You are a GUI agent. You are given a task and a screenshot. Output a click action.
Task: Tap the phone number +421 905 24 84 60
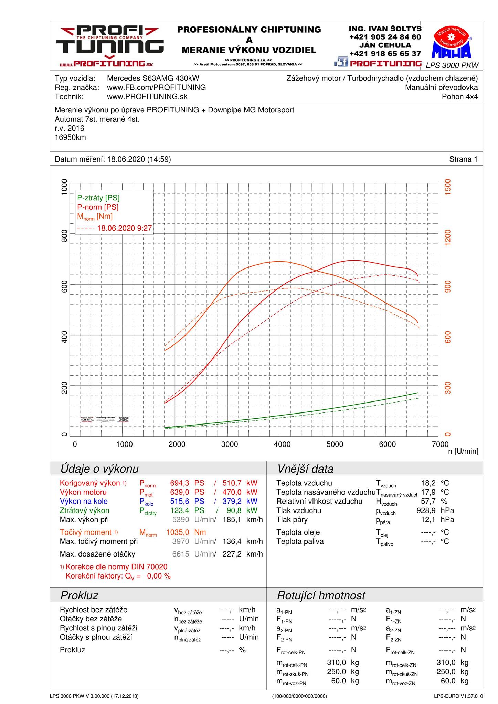tap(385, 37)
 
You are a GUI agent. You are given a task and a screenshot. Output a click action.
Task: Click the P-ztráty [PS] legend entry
tap(98, 198)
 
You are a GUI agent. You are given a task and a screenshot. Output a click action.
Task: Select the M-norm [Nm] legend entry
tap(95, 217)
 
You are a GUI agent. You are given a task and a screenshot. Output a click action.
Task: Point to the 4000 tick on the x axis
tap(282, 444)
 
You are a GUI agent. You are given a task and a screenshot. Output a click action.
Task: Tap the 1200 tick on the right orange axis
tap(448, 237)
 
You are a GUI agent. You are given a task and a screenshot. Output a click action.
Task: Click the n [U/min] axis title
tap(463, 451)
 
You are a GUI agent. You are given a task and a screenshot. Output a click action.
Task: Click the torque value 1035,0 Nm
tap(186, 532)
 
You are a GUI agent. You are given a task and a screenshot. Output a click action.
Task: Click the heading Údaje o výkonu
tap(99, 469)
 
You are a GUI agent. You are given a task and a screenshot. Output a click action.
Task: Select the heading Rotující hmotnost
tap(321, 595)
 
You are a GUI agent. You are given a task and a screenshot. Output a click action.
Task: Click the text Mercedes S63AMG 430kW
tap(153, 78)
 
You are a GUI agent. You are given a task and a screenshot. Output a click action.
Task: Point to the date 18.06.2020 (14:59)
tap(139, 159)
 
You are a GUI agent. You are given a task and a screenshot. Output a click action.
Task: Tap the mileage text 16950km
tap(70, 137)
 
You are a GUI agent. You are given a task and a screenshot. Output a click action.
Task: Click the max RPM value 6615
tap(181, 554)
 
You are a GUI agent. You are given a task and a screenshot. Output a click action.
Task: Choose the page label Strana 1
tap(463, 159)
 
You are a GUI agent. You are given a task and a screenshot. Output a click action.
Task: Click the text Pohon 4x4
tap(460, 97)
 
